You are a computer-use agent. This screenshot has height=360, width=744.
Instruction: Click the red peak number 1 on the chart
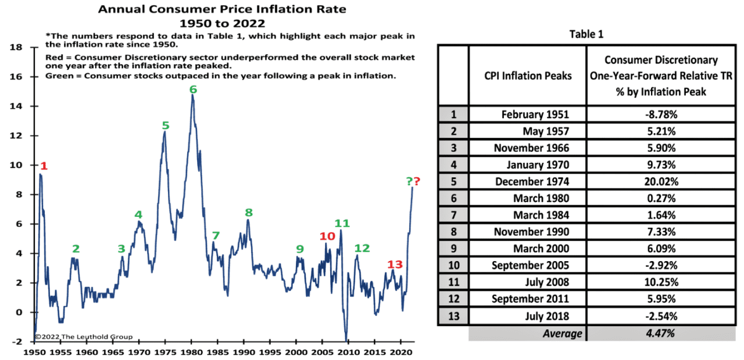pos(44,166)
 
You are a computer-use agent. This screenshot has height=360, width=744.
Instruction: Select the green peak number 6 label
pos(193,89)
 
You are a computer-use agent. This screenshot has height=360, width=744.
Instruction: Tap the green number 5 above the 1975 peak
pos(166,125)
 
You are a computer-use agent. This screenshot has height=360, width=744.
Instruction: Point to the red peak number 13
pos(395,265)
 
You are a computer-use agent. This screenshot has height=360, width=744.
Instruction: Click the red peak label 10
pos(327,236)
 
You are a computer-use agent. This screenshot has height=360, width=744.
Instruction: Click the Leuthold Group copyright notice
pos(83,337)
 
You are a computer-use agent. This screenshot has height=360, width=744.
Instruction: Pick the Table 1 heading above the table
pos(589,34)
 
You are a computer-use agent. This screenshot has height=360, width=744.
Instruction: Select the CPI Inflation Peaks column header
pos(528,75)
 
